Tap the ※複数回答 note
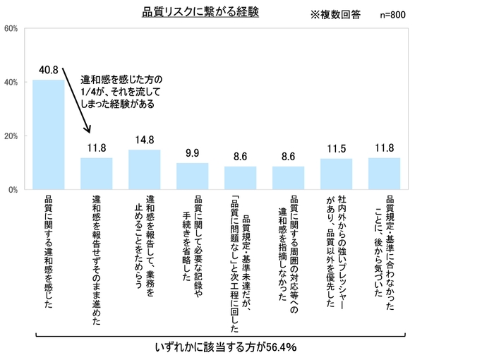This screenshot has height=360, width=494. tap(335, 14)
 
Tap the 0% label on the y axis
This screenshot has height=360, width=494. tap(13, 190)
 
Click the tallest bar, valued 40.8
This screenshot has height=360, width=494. tap(48, 135)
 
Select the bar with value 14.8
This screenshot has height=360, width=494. tap(144, 170)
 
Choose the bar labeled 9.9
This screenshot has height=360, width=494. tap(192, 176)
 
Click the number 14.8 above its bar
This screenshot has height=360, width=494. tap(145, 140)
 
